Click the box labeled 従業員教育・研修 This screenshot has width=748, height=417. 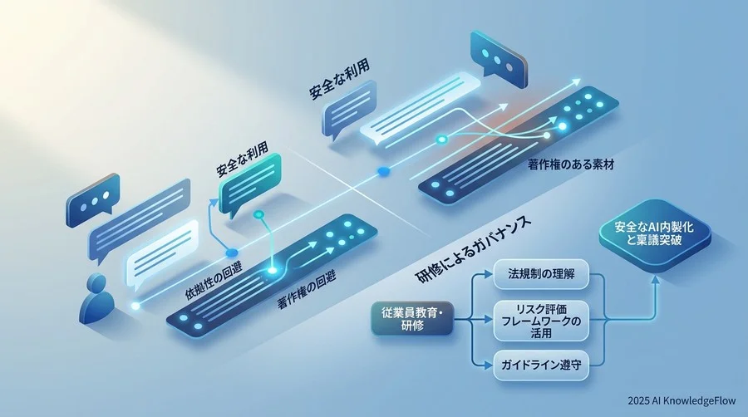(412, 319)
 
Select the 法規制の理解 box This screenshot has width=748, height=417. (541, 274)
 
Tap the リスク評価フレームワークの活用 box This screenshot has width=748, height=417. (541, 321)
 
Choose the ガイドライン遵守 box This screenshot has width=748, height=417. (541, 365)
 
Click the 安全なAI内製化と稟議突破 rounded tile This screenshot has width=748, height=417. (655, 234)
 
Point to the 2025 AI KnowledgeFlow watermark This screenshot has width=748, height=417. (682, 400)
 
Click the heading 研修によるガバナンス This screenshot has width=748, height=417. (474, 250)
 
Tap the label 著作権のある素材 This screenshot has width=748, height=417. (570, 165)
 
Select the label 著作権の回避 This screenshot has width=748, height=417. (306, 291)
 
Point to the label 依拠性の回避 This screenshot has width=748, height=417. (214, 282)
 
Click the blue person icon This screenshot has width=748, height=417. (96, 299)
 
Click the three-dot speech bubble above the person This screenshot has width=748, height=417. (92, 200)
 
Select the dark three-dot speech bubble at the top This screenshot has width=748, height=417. (498, 57)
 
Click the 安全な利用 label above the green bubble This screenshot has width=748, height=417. (242, 159)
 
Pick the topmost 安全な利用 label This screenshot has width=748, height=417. (339, 80)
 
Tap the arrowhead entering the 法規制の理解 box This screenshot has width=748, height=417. (488, 274)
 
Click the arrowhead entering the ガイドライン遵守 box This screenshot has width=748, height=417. (488, 365)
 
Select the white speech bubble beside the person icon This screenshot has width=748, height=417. (162, 255)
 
